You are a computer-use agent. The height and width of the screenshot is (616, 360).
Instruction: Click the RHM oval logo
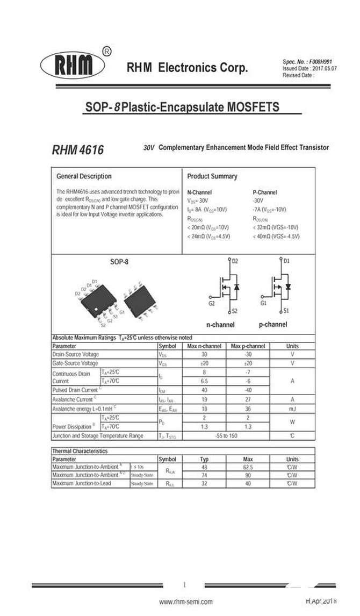tap(74, 66)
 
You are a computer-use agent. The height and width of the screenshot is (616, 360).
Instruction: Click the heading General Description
tap(84, 176)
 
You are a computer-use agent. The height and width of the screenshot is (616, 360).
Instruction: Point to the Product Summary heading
tap(212, 176)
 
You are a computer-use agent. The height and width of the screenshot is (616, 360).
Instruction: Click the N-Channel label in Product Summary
tap(199, 192)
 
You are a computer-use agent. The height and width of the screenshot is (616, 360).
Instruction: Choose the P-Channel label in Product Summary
tap(265, 192)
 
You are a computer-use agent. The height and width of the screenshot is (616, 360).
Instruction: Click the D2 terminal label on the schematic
tap(234, 261)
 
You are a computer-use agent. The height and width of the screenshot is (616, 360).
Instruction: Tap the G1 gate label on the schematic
tap(263, 303)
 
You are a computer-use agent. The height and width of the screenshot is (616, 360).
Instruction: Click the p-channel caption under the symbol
tap(273, 325)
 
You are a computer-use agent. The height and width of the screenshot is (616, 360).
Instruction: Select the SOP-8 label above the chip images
tap(119, 262)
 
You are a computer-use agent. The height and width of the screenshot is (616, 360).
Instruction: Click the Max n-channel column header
tap(204, 346)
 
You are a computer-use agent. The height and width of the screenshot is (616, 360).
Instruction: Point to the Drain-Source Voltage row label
tap(75, 354)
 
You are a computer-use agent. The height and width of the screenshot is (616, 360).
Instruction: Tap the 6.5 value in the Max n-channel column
tap(204, 381)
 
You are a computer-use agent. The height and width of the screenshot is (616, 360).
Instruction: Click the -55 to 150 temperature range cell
tap(226, 435)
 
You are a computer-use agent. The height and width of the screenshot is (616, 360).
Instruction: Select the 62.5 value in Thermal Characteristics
tap(248, 467)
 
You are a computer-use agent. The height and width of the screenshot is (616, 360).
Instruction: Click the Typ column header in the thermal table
tap(204, 460)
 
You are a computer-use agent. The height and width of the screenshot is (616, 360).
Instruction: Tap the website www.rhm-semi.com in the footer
tap(186, 602)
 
